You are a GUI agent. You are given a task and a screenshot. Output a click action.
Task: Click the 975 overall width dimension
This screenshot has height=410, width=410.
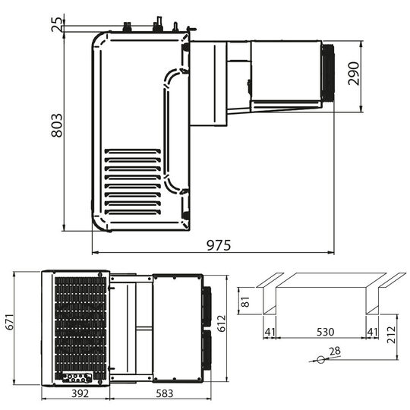click(218, 245)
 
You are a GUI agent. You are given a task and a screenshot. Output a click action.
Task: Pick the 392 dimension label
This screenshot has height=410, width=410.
click(76, 394)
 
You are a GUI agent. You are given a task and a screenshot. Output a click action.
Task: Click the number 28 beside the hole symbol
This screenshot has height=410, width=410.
click(334, 351)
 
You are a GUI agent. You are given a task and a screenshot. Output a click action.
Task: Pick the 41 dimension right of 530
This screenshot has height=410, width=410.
click(371, 332)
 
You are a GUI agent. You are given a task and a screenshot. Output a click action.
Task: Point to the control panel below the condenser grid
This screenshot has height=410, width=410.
click(76, 374)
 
